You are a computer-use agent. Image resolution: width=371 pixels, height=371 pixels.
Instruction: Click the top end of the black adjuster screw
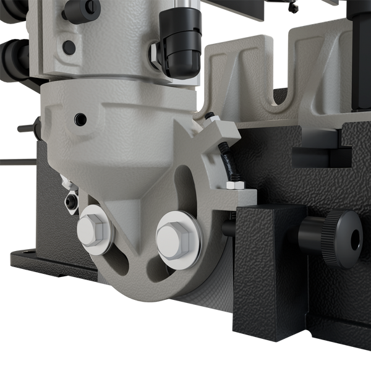(211, 115)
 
